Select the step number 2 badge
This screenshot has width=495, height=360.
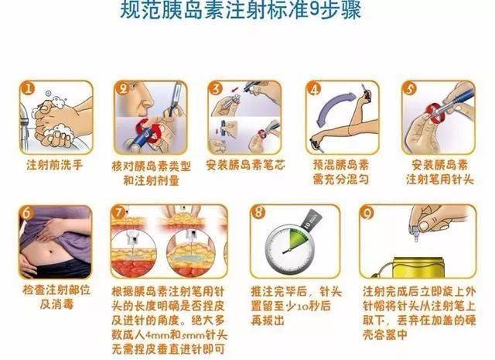[x=123, y=89]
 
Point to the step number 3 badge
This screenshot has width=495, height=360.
[x=217, y=89]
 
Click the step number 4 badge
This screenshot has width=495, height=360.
[x=314, y=89]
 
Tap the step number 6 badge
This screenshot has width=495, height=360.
[x=29, y=214]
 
